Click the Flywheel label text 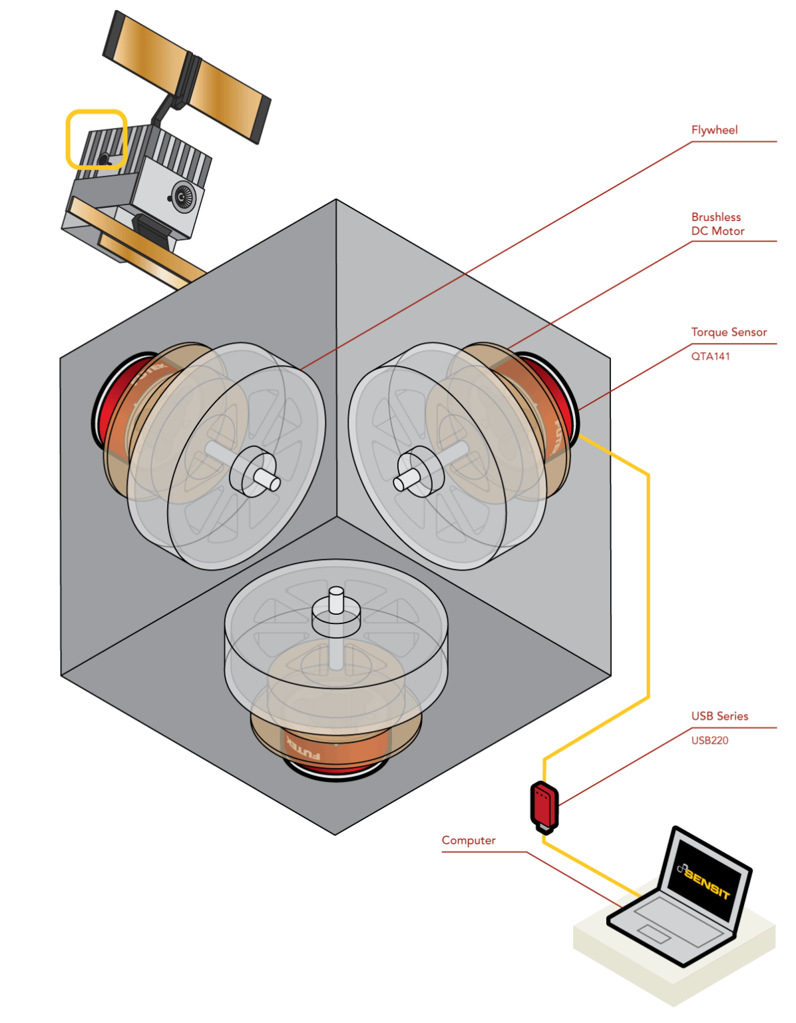click(714, 130)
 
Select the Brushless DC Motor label click(717, 224)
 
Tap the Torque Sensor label click(729, 332)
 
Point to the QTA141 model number click(710, 356)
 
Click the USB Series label click(719, 716)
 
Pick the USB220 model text click(709, 741)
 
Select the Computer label click(469, 841)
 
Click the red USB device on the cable click(544, 805)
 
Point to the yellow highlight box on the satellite click(97, 139)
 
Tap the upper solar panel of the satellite click(186, 75)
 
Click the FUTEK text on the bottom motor click(303, 747)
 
